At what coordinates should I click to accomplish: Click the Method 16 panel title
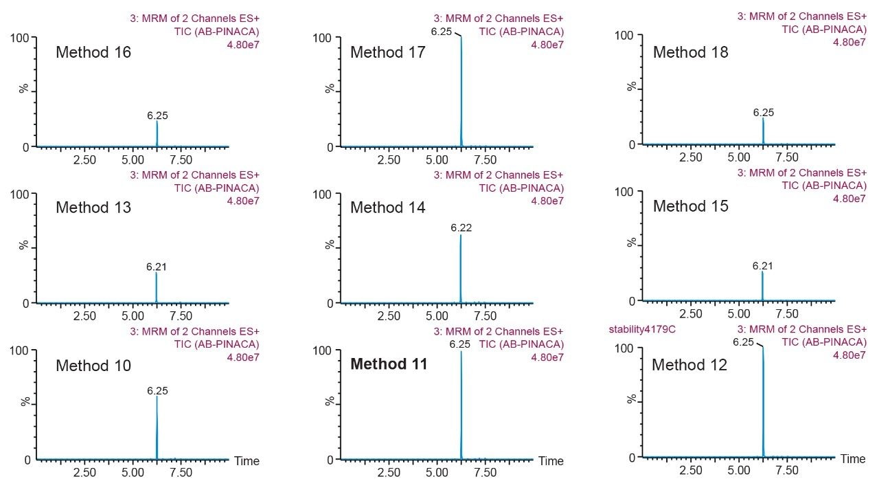coord(93,52)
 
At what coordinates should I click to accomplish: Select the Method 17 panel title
coord(388,52)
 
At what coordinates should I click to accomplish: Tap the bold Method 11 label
coord(389,364)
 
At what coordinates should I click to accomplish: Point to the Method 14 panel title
coord(388,208)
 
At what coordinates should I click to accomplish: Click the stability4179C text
coord(642,329)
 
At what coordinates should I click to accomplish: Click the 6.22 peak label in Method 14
coord(461,227)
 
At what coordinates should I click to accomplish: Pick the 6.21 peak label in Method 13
coord(157,267)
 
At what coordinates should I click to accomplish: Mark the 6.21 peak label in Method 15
coord(762,265)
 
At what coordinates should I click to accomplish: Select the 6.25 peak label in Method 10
coord(157,390)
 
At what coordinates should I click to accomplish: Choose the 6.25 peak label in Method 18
coord(763,113)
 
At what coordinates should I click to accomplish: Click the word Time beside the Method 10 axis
coord(247,461)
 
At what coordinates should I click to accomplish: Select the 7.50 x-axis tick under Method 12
coord(787,471)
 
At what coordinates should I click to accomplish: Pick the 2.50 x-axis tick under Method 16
coord(84,160)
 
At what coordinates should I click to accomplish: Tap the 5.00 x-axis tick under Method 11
coord(437,473)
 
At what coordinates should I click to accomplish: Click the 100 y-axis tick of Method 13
coord(21,194)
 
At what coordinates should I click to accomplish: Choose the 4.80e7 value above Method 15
coord(849,199)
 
